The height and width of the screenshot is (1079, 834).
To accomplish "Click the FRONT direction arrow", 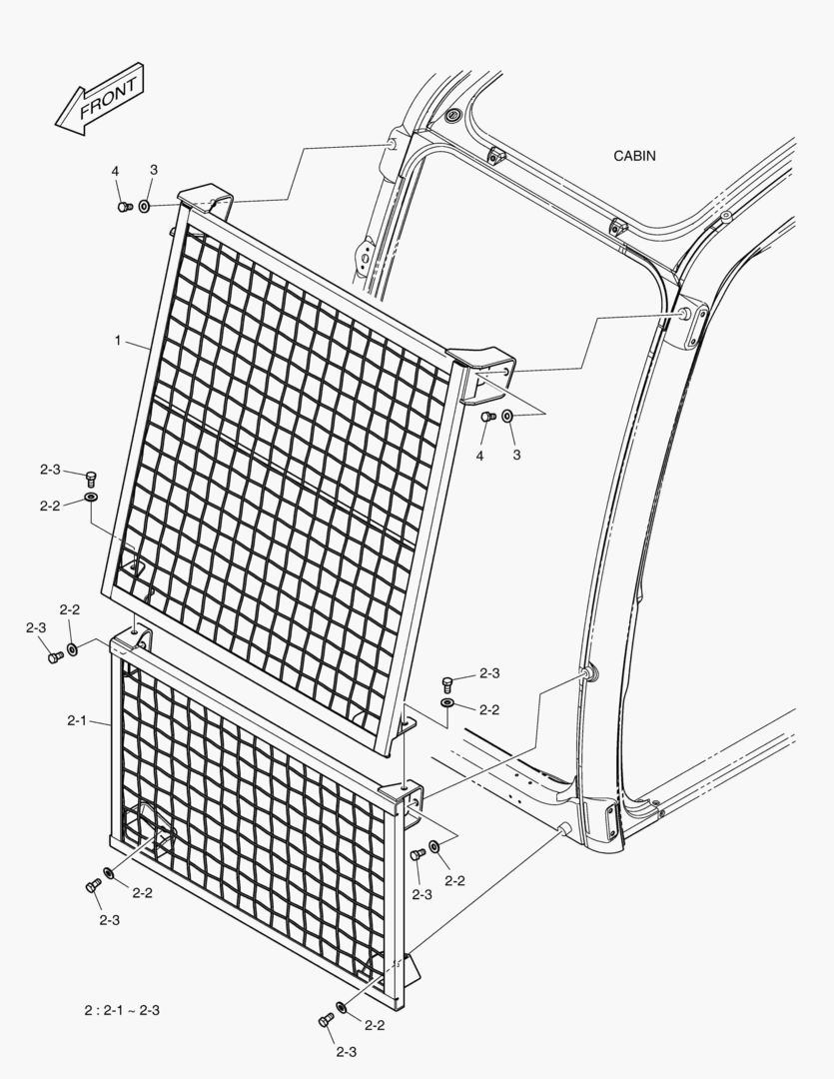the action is [99, 99].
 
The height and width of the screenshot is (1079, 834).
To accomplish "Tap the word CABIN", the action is [634, 156].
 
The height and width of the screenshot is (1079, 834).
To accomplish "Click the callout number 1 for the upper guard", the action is [118, 341].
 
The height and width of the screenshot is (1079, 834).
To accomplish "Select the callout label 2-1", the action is [76, 720].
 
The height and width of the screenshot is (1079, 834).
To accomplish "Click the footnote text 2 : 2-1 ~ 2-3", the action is [123, 1010].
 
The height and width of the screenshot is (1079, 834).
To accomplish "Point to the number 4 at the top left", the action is [116, 171].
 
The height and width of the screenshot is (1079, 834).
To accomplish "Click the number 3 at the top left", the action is [154, 169].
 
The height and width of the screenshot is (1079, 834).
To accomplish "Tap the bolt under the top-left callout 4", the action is [125, 207].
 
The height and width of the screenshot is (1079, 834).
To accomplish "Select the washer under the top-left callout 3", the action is [145, 206].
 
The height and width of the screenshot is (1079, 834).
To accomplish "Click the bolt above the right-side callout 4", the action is [487, 417].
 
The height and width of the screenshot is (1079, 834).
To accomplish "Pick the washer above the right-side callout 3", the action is [507, 416].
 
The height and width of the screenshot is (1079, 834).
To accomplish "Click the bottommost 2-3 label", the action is [347, 1051].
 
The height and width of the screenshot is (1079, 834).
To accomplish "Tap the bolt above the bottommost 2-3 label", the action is [326, 1021].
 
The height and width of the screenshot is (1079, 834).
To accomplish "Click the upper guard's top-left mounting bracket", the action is [205, 200].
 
